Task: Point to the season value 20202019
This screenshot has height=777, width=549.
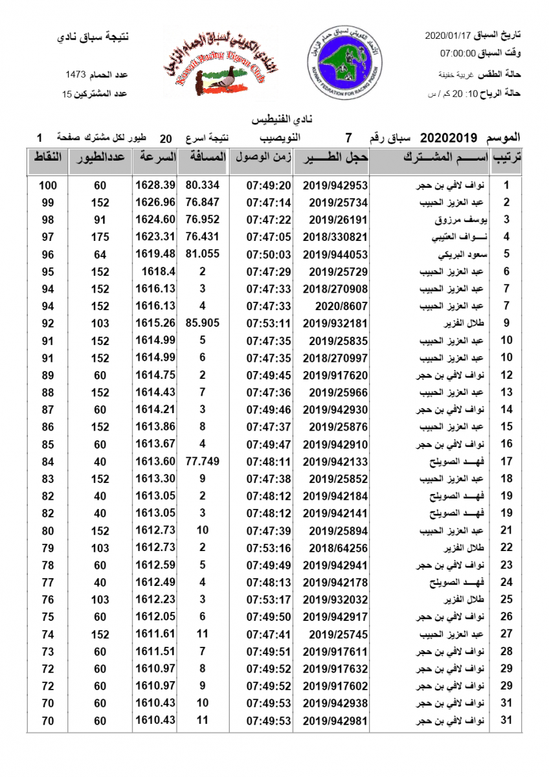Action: pos(449,138)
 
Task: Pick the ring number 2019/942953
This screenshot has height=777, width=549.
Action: pos(335,185)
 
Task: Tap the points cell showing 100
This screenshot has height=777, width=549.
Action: pos(48,185)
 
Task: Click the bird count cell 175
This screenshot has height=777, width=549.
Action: pos(100,237)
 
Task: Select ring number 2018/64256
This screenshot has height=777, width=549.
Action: pos(335,548)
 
